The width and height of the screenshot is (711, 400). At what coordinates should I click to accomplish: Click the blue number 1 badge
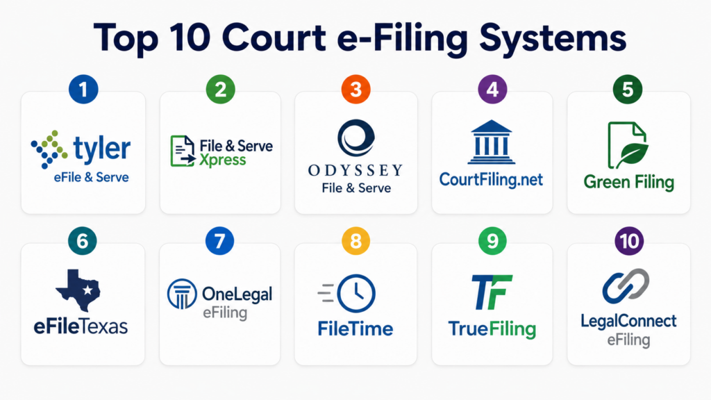pyautogui.click(x=83, y=89)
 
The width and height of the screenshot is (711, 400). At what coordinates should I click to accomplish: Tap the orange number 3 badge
pyautogui.click(x=356, y=89)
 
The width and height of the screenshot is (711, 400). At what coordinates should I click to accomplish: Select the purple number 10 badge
pyautogui.click(x=629, y=241)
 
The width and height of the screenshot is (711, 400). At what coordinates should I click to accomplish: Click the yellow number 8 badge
pyautogui.click(x=356, y=241)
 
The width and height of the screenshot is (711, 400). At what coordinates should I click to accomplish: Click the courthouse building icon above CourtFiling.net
pyautogui.click(x=492, y=142)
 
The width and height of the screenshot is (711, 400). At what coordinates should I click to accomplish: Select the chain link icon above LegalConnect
pyautogui.click(x=626, y=285)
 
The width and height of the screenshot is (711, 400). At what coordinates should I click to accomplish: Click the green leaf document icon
pyautogui.click(x=628, y=145)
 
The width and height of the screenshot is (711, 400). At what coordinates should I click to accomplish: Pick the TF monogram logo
pyautogui.click(x=492, y=292)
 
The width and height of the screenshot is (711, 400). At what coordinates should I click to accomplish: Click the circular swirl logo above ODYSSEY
pyautogui.click(x=356, y=138)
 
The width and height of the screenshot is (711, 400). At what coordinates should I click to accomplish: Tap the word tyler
pyautogui.click(x=102, y=149)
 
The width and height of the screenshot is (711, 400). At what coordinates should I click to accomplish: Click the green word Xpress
pyautogui.click(x=223, y=160)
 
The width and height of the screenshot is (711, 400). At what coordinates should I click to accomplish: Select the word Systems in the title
pyautogui.click(x=553, y=38)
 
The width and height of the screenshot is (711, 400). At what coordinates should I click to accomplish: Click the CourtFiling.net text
pyautogui.click(x=491, y=180)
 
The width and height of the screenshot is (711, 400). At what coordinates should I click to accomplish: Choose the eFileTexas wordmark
pyautogui.click(x=81, y=326)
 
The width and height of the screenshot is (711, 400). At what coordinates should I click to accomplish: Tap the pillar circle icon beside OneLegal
pyautogui.click(x=182, y=294)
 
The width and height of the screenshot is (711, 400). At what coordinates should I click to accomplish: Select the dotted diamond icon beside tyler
pyautogui.click(x=49, y=149)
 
